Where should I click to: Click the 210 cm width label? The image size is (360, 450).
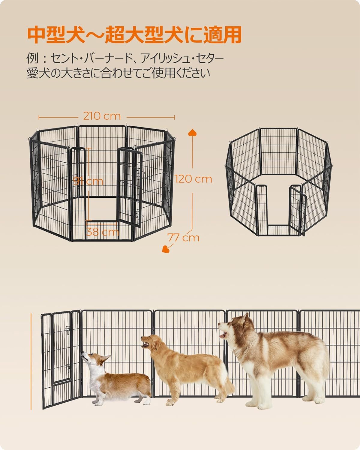[102, 116]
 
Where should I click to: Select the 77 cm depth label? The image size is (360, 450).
[184, 237]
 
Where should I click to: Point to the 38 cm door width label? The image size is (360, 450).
[102, 232]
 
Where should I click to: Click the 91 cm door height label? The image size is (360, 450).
[88, 181]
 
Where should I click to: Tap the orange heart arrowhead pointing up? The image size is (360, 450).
[192, 133]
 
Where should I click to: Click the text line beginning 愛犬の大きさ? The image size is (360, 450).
[118, 73]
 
